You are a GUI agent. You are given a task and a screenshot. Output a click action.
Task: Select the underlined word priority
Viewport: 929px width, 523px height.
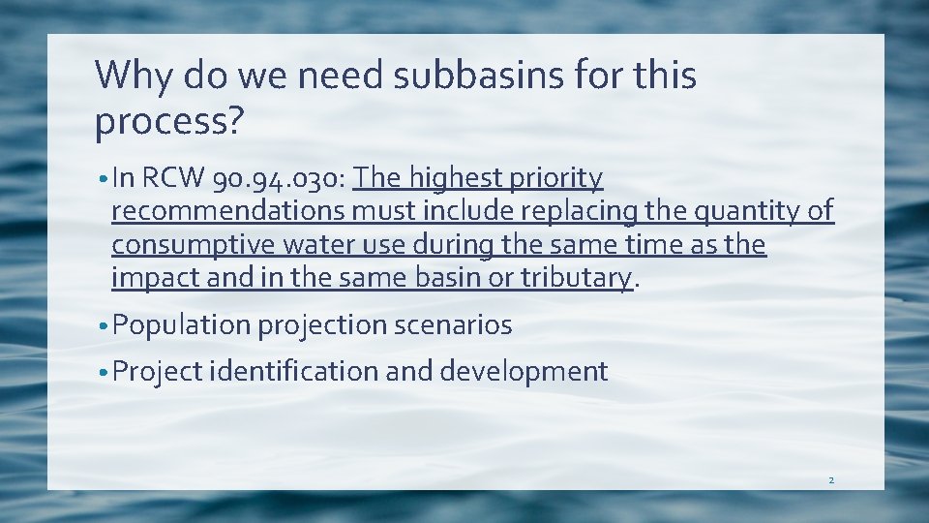point(557,178)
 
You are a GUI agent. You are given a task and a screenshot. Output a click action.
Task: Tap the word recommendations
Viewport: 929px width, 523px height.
point(229,211)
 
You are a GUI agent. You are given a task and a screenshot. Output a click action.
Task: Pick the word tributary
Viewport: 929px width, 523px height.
point(576,277)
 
